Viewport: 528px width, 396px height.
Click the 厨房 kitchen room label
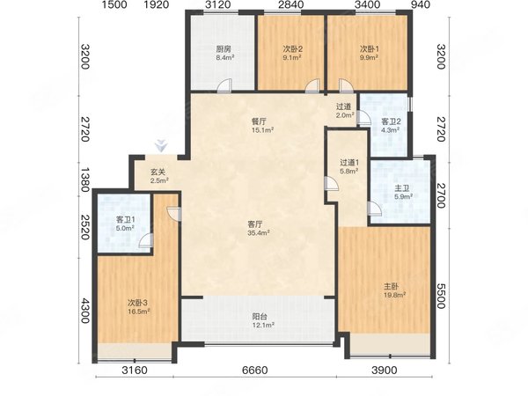(224, 49)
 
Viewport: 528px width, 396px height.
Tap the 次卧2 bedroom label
(292, 49)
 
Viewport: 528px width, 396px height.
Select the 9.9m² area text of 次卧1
(369, 57)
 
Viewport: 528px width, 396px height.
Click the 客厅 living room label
(255, 224)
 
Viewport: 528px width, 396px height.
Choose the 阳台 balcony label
(260, 317)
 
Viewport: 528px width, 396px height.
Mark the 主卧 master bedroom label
(391, 287)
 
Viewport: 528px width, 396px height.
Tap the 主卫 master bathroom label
(401, 188)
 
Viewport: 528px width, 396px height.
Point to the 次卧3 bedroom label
(137, 303)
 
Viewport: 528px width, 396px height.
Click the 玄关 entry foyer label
(158, 172)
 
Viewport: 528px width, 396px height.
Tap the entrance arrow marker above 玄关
(161, 145)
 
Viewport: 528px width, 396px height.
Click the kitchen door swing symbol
(224, 85)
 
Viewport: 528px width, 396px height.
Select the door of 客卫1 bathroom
(145, 240)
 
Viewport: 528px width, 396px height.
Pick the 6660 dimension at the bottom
(255, 370)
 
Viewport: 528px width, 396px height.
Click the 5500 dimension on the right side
(442, 296)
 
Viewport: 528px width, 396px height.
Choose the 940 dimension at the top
(421, 4)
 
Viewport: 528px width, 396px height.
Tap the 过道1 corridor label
(349, 163)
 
